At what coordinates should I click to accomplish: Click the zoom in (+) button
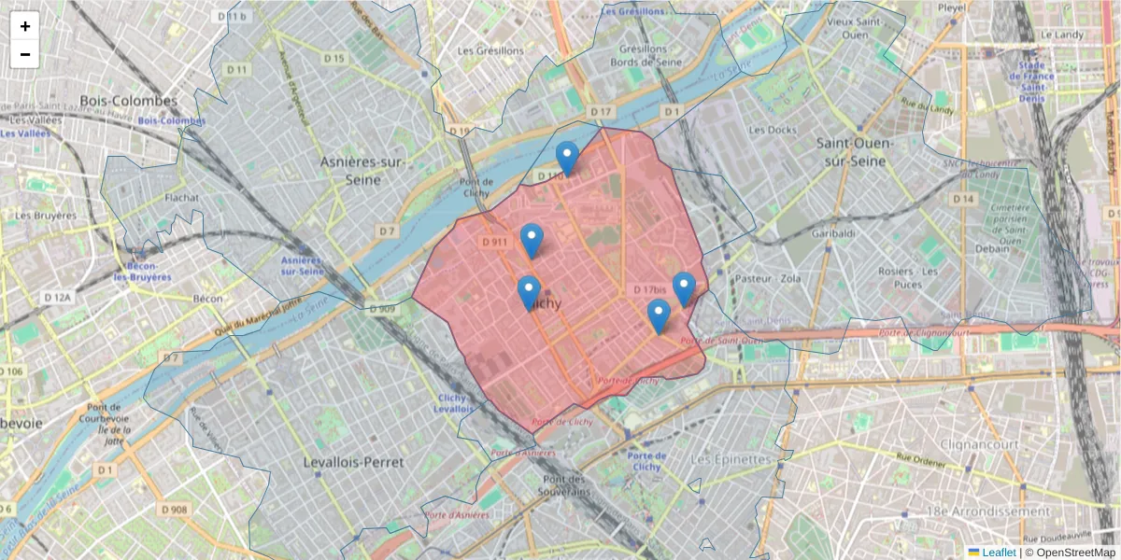[x=25, y=26]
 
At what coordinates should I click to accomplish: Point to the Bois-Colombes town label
[x=128, y=101]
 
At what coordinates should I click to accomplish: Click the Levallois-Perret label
[x=354, y=462]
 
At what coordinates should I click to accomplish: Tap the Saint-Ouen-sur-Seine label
[x=855, y=152]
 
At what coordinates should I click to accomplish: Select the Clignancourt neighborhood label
[x=980, y=444]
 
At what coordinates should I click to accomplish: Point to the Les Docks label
[x=773, y=130]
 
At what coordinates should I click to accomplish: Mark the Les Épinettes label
[x=731, y=460]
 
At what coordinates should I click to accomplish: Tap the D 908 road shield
[x=174, y=510]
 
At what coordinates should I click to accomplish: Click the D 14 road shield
[x=963, y=200]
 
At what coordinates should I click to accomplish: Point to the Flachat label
[x=181, y=198]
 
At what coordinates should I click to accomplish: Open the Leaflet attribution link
[x=998, y=553]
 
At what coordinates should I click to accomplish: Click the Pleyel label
[x=952, y=7]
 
